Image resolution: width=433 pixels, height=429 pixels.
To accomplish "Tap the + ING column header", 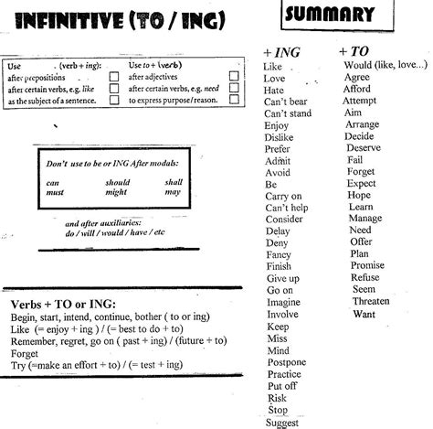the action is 280,53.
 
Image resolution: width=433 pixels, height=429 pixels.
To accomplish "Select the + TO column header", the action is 354,53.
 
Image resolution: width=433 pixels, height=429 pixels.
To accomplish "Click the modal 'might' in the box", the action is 116,192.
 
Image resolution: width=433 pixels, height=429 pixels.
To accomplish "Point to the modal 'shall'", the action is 174,182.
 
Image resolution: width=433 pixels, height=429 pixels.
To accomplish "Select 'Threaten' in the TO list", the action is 370,301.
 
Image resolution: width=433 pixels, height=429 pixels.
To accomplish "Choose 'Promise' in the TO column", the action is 367,264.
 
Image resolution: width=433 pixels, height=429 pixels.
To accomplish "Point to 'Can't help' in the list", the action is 288,208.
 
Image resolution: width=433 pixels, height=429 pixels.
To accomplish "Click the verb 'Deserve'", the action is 364,147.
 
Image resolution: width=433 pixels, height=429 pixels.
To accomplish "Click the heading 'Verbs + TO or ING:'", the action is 69,304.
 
